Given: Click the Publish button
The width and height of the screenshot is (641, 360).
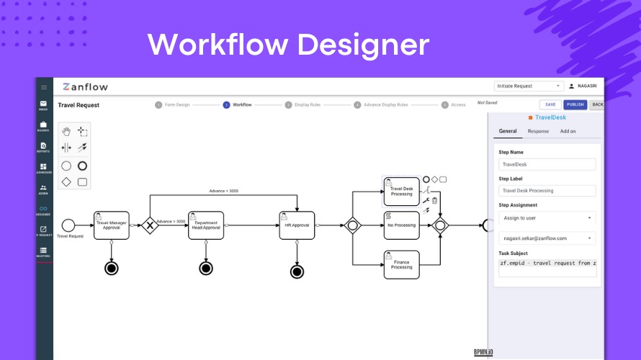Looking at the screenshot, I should tap(575, 104).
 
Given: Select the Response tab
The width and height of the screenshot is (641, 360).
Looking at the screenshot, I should tap(538, 131).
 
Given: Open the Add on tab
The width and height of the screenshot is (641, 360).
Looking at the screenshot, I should tap(568, 131).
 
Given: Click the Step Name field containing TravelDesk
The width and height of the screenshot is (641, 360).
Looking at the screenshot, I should tap(547, 164).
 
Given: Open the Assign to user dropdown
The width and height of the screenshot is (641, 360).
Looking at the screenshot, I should tap(547, 217).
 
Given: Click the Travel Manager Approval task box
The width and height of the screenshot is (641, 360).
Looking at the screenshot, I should tap(112, 225).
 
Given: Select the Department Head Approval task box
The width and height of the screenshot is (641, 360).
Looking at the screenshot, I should tap(206, 225).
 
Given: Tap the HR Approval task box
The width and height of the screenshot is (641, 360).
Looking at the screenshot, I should tap(297, 225).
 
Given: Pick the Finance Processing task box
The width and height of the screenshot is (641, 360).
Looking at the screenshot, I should tap(401, 264).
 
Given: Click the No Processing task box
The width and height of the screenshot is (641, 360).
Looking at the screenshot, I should tap(401, 225).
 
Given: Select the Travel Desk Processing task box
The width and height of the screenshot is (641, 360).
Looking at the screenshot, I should tap(401, 191).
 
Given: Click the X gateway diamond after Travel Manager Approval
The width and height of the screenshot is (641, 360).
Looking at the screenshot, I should tap(150, 225).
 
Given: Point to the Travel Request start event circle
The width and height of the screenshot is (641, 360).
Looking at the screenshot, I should tap(68, 225).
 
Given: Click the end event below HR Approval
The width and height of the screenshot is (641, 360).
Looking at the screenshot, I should tap(297, 271).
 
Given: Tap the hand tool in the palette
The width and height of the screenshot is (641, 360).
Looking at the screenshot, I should tap(66, 132).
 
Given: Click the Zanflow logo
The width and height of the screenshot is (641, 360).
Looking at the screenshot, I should tap(85, 87).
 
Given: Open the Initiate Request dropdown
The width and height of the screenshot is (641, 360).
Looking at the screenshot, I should tap(528, 86).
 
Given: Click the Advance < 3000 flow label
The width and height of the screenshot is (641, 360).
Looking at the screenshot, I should tap(223, 191).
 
